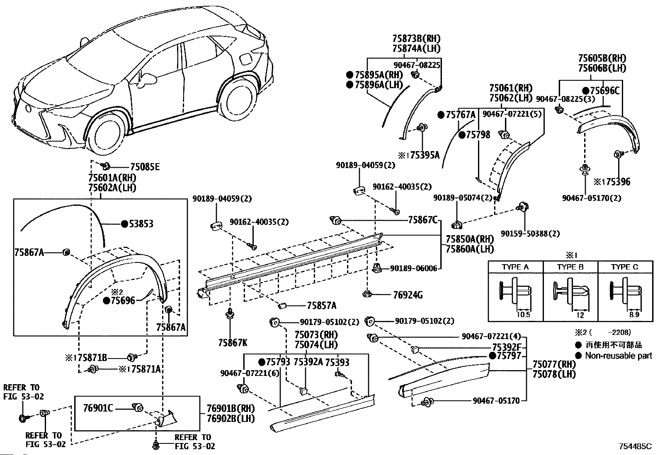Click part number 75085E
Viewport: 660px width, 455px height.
tap(145, 167)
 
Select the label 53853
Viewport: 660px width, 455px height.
tap(141, 224)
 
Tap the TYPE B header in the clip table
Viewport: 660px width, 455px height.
tap(570, 267)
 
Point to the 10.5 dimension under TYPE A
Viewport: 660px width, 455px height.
tap(523, 315)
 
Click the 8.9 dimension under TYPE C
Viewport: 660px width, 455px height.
tap(634, 315)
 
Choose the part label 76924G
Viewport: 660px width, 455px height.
tap(408, 295)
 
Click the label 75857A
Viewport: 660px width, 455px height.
tap(321, 306)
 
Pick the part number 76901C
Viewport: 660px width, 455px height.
tap(98, 408)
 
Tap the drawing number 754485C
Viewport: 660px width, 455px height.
tap(635, 446)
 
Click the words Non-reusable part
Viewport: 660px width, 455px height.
tap(619, 356)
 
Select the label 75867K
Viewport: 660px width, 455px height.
tap(233, 342)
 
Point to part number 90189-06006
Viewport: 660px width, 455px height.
tap(414, 268)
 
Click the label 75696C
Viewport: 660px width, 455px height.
tap(604, 91)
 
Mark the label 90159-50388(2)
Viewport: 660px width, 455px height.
tap(530, 234)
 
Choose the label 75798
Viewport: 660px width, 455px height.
tap(478, 135)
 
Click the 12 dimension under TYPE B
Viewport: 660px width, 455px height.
tap(580, 315)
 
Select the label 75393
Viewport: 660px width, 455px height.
tap(337, 362)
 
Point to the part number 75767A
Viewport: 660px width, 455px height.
tap(461, 115)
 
